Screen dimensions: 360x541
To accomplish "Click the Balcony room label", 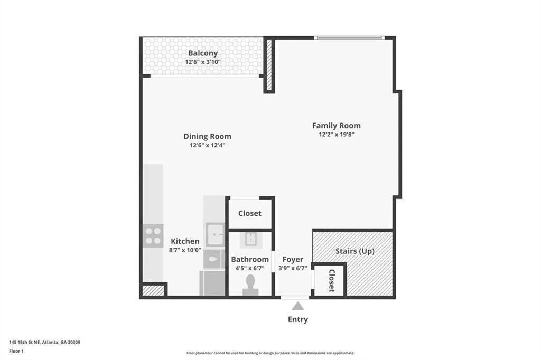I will [203, 53].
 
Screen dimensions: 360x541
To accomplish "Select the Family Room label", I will [336, 126].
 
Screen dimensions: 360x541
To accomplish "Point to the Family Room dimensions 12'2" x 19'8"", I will [336, 134].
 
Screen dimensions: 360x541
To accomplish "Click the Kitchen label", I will [185, 241].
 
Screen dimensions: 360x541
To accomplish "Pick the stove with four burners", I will [153, 236].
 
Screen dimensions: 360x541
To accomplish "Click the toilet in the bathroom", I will [250, 285].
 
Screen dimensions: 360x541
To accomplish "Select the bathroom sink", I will [250, 239].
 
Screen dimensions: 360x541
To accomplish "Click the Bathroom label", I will [250, 259].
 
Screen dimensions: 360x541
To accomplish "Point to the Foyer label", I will [293, 259].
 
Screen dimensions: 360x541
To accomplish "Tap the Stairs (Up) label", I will [355, 251].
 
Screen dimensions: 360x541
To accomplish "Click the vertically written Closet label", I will [331, 281].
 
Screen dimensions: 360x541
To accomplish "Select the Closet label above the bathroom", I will [249, 213].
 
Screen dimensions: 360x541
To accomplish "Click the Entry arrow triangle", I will [298, 306].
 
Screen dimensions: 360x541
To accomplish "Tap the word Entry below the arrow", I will [298, 319].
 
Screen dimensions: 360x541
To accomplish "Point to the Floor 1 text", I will [16, 350].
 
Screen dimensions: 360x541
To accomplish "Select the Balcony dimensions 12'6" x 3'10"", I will [203, 62].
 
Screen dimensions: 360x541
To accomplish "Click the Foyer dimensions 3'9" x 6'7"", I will [293, 268].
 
